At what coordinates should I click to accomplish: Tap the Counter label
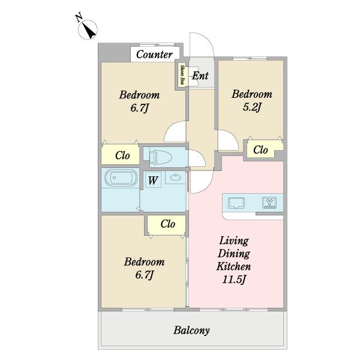[154, 55]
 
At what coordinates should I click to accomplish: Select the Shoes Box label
[183, 74]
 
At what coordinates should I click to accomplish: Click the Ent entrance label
[200, 76]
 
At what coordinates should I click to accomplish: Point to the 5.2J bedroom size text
[252, 107]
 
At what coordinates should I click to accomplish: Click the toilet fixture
[160, 157]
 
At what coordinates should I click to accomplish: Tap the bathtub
[121, 178]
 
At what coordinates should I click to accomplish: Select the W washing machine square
[153, 180]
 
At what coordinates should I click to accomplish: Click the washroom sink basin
[176, 177]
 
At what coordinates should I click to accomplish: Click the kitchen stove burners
[269, 203]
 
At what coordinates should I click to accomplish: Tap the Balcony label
[191, 331]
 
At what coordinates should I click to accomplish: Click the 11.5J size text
[234, 280]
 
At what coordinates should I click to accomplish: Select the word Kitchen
[233, 266]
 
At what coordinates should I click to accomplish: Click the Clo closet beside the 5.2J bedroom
[261, 150]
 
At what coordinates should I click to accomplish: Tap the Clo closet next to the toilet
[122, 155]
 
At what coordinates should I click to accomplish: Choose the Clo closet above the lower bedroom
[167, 224]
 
